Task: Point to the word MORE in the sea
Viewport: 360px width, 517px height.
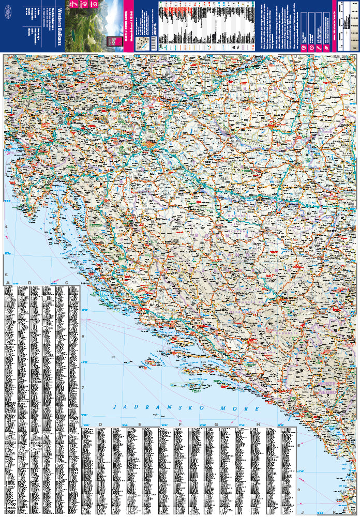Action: [243, 408]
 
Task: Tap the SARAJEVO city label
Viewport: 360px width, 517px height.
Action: [284, 299]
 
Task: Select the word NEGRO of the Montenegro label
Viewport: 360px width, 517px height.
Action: [331, 391]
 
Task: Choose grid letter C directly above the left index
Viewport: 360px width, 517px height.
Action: [67, 283]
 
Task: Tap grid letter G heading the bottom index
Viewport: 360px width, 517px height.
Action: [216, 424]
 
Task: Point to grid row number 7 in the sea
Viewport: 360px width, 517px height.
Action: [83, 387]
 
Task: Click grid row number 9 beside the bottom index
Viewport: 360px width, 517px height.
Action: [298, 490]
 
